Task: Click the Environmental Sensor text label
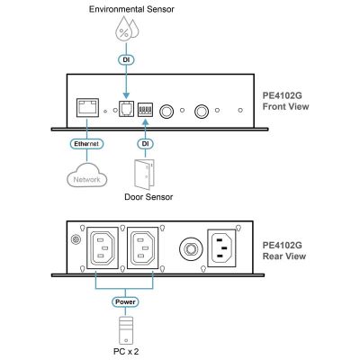click(x=131, y=9)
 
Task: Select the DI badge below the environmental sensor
click(x=126, y=60)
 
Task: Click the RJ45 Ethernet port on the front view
click(x=87, y=107)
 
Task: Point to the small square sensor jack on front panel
click(x=126, y=108)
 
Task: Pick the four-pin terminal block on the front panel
click(x=145, y=110)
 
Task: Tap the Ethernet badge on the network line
click(x=86, y=144)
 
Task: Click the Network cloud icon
click(x=87, y=175)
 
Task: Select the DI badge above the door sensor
click(x=145, y=144)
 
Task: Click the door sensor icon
click(x=144, y=175)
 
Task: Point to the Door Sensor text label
click(x=148, y=197)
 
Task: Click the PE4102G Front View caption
click(x=285, y=101)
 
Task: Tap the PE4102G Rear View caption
click(x=284, y=250)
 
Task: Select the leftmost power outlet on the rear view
click(x=103, y=247)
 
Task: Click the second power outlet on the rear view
click(x=142, y=247)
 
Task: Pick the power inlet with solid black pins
click(x=221, y=247)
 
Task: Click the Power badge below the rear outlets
click(x=125, y=301)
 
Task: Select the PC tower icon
click(x=125, y=330)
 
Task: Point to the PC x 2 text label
click(x=126, y=351)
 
